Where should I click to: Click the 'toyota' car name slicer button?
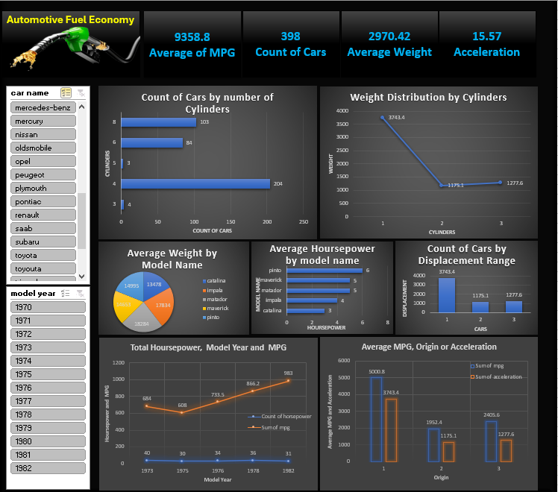(44, 255)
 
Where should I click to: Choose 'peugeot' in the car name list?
(44, 174)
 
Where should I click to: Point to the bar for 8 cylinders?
(158, 122)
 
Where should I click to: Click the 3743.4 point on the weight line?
(383, 117)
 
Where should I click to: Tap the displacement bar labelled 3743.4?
(446, 295)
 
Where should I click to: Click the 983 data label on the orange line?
(288, 373)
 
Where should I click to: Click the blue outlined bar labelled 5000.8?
(377, 419)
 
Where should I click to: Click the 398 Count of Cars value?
(291, 36)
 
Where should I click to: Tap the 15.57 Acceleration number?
(486, 36)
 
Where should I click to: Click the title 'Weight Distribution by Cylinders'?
(428, 97)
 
